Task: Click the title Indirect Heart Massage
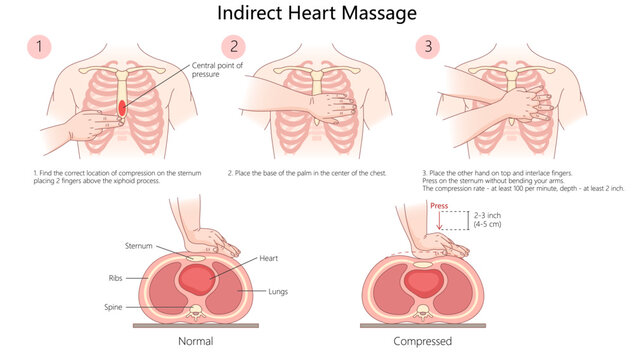[316, 15]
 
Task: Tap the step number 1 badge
[38, 47]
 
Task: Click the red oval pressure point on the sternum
[121, 106]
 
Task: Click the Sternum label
[138, 244]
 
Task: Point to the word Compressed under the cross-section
[422, 342]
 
